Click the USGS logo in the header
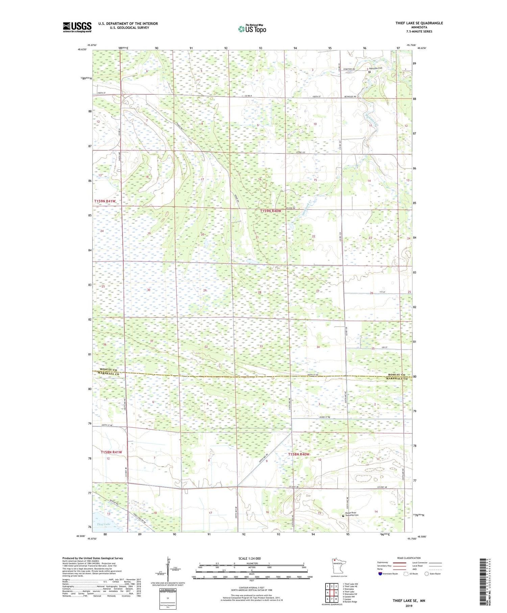click(x=77, y=27)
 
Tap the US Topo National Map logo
click(x=252, y=29)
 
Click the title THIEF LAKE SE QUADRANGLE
click(x=419, y=23)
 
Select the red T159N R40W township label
click(x=270, y=211)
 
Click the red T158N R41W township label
click(x=111, y=452)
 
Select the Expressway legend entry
click(x=384, y=563)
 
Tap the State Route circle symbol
click(x=427, y=574)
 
